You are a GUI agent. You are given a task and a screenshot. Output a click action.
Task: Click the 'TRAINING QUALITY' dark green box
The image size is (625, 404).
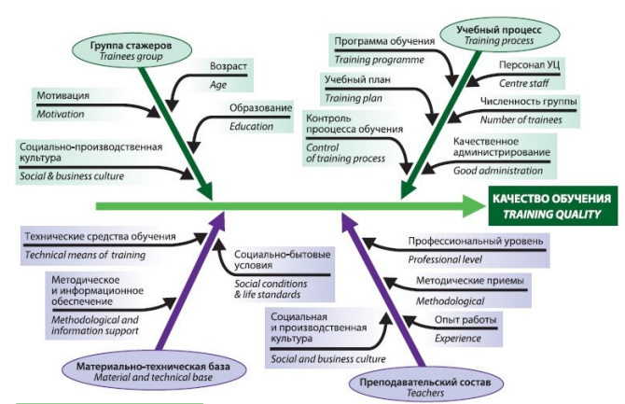click(553, 205)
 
